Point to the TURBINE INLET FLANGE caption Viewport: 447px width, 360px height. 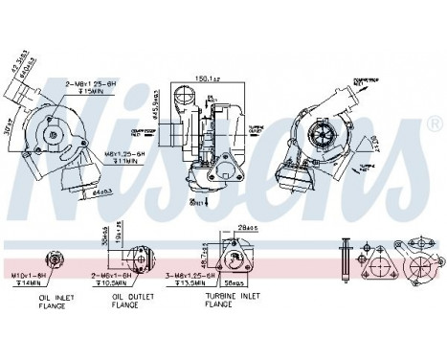click(232, 302)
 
